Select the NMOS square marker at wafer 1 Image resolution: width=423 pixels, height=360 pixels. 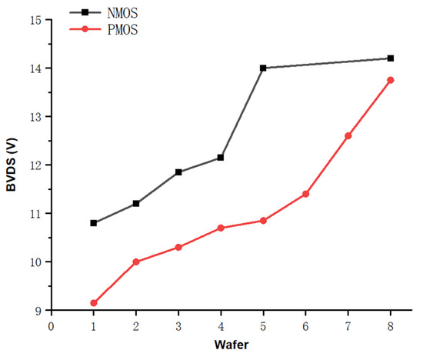(94, 223)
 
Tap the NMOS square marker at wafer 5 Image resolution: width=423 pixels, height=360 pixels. (263, 68)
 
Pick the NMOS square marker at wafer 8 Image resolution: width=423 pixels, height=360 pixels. (391, 58)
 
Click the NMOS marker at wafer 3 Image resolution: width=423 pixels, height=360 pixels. (178, 172)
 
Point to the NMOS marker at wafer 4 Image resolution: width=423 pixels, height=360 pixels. (221, 158)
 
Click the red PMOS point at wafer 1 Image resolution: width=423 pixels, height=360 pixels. (94, 303)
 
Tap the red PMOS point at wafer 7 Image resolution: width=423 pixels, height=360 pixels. (348, 136)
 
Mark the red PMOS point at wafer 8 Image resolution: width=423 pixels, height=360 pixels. (391, 80)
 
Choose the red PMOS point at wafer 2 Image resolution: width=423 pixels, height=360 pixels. (136, 262)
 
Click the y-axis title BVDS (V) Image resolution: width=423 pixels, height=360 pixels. (12, 166)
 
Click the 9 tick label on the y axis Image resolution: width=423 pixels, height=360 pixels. (37, 311)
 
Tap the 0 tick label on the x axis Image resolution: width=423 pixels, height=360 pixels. (52, 325)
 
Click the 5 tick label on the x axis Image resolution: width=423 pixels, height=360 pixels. (263, 325)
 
